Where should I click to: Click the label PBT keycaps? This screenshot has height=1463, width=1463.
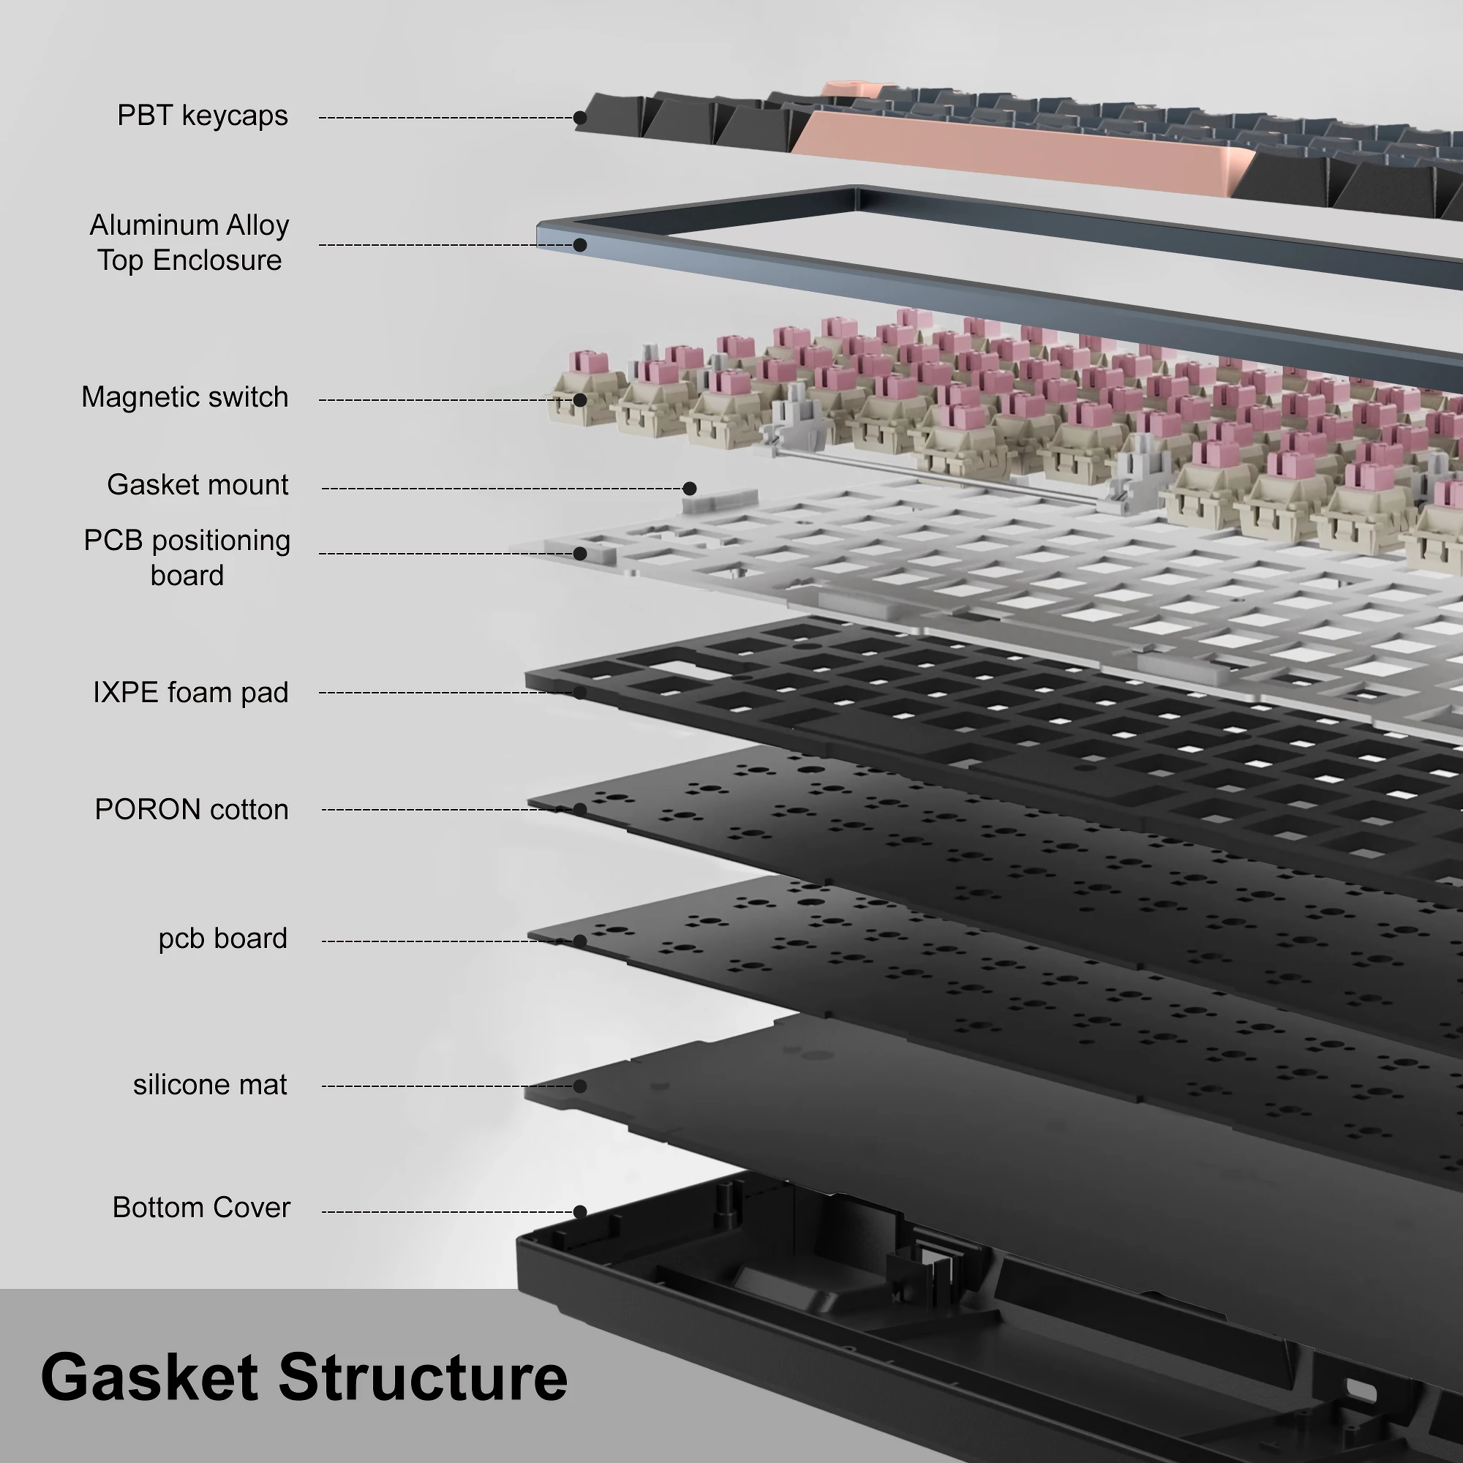202,116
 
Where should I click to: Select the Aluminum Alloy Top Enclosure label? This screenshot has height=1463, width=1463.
189,242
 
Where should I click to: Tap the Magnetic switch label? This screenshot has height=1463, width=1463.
185,397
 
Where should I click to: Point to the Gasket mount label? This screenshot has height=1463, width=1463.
198,485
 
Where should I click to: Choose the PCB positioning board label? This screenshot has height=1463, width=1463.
187,557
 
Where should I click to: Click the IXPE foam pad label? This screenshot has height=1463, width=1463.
191,693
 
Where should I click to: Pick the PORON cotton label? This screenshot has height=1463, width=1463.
192,811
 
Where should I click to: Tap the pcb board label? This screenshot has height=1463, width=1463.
222,939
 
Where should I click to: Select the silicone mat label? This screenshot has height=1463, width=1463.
210,1085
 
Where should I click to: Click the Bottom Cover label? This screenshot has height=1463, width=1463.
201,1208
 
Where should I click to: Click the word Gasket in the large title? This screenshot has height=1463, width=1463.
149,1377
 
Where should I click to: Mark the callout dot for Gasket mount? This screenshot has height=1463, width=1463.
689,489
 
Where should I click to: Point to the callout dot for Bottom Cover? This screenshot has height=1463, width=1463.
580,1212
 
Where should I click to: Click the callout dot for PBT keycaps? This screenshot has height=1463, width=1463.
580,118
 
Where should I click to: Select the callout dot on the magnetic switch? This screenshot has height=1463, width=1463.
580,400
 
